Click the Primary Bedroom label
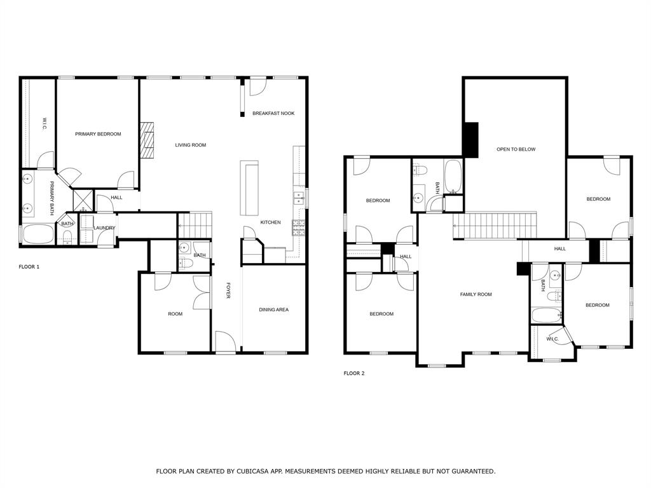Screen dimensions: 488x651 98,134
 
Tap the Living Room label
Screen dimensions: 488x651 191,145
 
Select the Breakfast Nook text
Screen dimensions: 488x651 273,113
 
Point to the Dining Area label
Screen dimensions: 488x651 273,309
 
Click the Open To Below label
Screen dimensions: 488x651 516,149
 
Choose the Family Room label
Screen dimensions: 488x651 476,294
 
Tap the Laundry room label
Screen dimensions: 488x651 104,227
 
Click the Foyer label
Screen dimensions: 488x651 228,292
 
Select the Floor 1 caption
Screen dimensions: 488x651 29,267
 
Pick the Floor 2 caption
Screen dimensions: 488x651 354,374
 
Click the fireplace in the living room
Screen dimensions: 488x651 147,139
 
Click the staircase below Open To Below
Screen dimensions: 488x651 495,226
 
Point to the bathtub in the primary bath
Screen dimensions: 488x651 38,234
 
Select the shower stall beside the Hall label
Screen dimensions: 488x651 83,200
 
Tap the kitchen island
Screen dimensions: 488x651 249,189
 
